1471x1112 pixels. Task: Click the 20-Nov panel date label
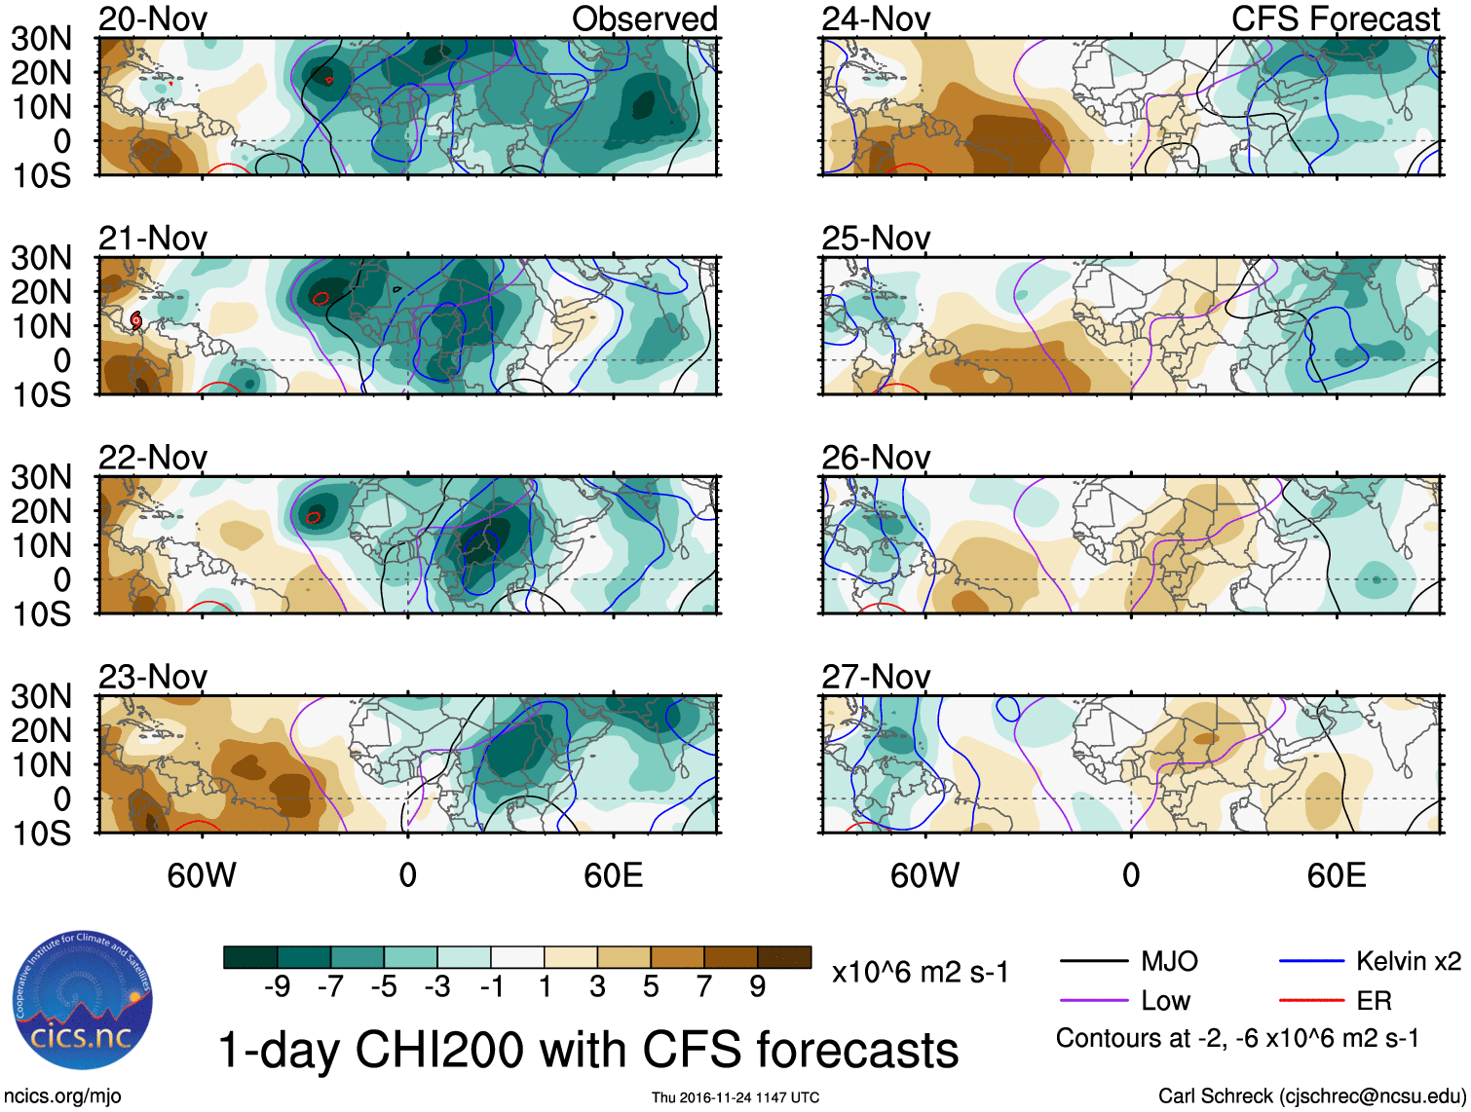(x=153, y=19)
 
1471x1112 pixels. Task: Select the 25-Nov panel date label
(x=876, y=238)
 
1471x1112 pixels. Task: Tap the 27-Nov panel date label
(x=876, y=676)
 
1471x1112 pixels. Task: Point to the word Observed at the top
(x=644, y=19)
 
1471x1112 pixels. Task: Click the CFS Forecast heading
(x=1335, y=19)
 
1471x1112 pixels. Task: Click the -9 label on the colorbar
(x=277, y=987)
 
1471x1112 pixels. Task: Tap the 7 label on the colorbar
(x=704, y=987)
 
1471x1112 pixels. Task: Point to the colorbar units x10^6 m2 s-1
(x=920, y=972)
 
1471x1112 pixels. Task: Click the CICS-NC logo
(x=82, y=1001)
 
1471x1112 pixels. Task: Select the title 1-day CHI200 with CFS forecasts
(x=587, y=1050)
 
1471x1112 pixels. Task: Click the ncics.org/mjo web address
(x=61, y=1096)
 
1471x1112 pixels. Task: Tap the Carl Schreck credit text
(x=1311, y=1096)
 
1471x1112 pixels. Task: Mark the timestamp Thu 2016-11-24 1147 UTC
(x=735, y=1097)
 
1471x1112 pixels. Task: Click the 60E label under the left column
(x=613, y=875)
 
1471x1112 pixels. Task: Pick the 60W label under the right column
(x=924, y=875)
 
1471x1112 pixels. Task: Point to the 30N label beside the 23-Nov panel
(x=41, y=696)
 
